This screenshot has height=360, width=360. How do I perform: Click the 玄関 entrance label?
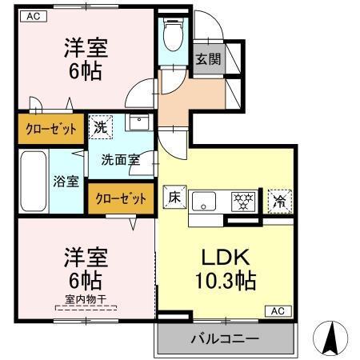click(x=207, y=58)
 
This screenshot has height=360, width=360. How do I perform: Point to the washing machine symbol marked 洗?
click(x=100, y=127)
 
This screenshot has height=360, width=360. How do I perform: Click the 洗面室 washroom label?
click(x=120, y=159)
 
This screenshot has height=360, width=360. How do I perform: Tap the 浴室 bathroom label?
click(x=66, y=181)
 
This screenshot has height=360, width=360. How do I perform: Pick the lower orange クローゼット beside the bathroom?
click(x=122, y=198)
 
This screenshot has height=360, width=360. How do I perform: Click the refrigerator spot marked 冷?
click(x=280, y=200)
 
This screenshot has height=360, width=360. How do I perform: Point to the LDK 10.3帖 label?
click(x=223, y=270)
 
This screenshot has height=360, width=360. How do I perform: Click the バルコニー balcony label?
click(x=224, y=339)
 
